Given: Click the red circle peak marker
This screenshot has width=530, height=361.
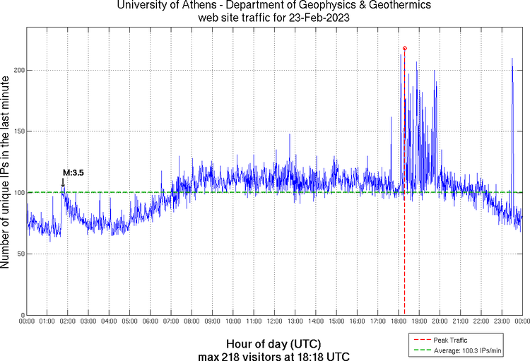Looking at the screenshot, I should click(x=404, y=48).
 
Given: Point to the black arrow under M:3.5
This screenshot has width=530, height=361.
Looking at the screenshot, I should click(x=63, y=183).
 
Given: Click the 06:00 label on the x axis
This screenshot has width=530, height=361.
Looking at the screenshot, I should click(x=151, y=321).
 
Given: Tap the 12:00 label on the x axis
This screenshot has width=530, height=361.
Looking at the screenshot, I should click(x=274, y=321).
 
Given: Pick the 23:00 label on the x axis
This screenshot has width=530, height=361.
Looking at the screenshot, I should click(x=501, y=321).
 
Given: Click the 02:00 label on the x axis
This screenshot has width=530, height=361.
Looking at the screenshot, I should click(x=68, y=321).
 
